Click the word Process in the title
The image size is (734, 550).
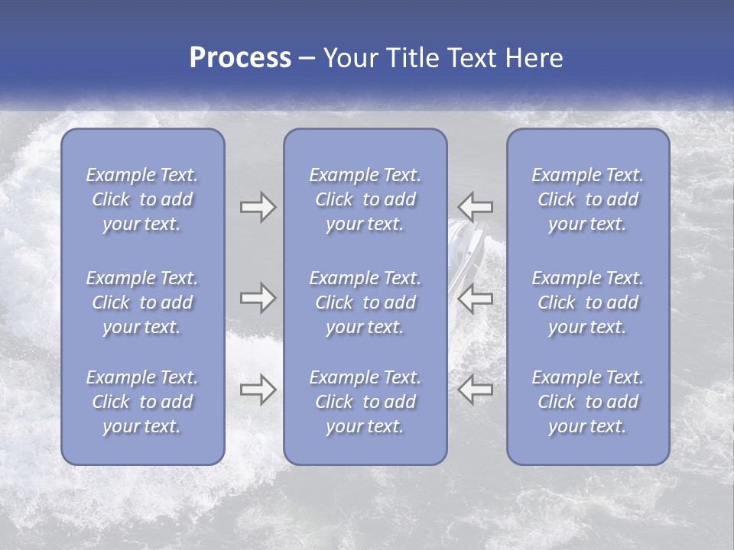coord(240,58)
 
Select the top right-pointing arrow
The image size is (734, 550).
coord(258,207)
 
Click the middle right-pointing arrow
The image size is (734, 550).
coord(258,298)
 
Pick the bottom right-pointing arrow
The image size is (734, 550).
coord(258,390)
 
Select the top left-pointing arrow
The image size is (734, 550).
coord(476,207)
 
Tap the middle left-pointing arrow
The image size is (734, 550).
coord(476,298)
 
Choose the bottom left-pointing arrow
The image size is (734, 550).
coord(476,390)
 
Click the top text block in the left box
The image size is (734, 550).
coord(142,199)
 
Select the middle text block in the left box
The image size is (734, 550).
coord(142,302)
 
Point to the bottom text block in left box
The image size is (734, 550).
coord(142,402)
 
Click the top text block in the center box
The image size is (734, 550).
coord(365,199)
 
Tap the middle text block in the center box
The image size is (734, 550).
coord(365,302)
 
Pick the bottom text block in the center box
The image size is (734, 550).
coord(365,402)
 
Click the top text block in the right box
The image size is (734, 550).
coord(587,199)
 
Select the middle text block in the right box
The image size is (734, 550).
coord(587,302)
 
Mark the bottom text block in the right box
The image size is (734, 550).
coord(587,402)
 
